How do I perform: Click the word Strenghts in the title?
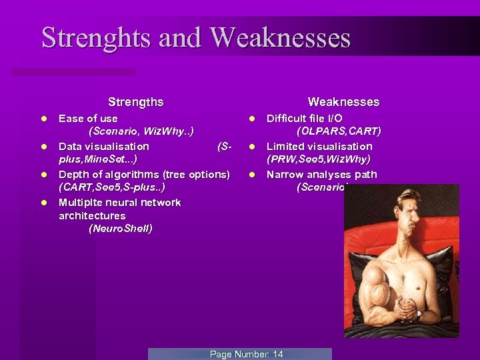pyautogui.click(x=97, y=38)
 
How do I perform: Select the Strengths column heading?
pyautogui.click(x=135, y=102)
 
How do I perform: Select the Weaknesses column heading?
pyautogui.click(x=343, y=102)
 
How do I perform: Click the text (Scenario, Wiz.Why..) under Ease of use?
pyautogui.click(x=141, y=131)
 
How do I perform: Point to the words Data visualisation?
pyautogui.click(x=104, y=146)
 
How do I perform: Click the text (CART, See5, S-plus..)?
pyautogui.click(x=112, y=187)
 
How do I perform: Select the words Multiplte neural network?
pyautogui.click(x=120, y=202)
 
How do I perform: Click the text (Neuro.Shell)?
pyautogui.click(x=121, y=229)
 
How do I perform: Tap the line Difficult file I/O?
pyautogui.click(x=305, y=119)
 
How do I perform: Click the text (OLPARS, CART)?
pyautogui.click(x=339, y=131)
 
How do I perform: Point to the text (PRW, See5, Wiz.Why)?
pyautogui.click(x=319, y=159)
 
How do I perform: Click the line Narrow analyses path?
pyautogui.click(x=322, y=175)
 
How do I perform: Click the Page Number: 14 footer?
pyautogui.click(x=246, y=354)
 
